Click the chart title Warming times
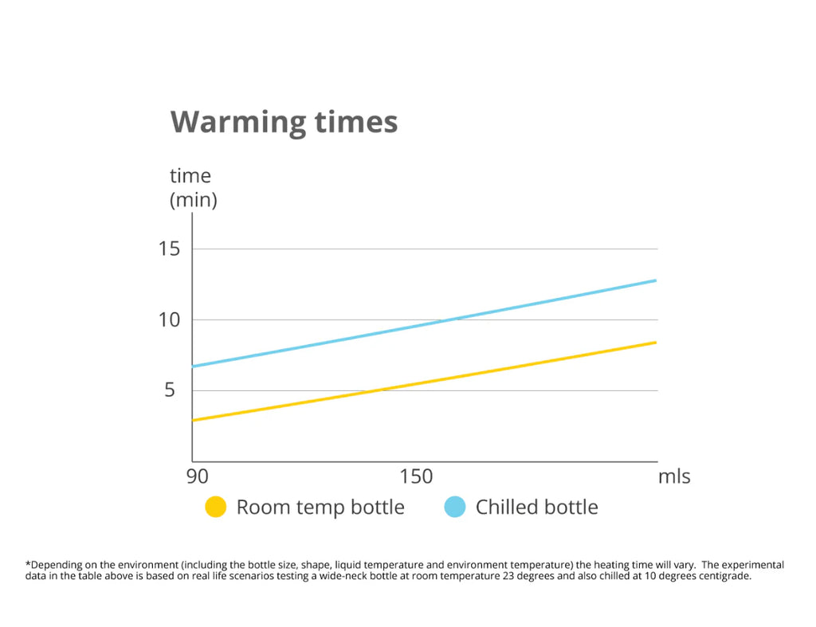[284, 122]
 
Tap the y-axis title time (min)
[193, 187]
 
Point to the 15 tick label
[168, 249]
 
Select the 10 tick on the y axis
[168, 319]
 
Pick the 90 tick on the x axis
[197, 477]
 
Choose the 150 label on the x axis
[416, 477]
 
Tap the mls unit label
[673, 477]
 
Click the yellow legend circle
[216, 507]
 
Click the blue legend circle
[454, 507]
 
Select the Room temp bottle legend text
[320, 507]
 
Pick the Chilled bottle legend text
[536, 507]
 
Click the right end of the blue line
[655, 280]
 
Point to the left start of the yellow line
[194, 420]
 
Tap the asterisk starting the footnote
[29, 563]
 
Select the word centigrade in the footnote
[724, 576]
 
